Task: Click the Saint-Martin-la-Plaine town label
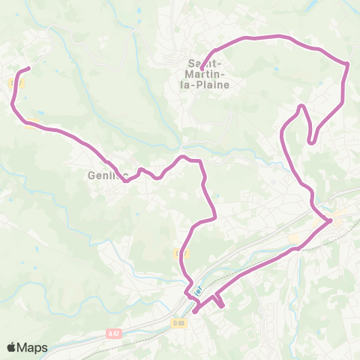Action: [206, 74]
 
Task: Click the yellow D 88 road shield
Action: [178, 323]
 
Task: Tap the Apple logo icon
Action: [12, 347]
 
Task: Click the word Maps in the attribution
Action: [34, 347]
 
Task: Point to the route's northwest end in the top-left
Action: [28, 69]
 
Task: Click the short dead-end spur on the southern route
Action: [222, 304]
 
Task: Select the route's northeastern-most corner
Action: [349, 64]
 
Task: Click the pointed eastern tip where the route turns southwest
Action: [331, 220]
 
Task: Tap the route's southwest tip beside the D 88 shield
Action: [193, 311]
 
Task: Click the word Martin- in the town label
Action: [206, 74]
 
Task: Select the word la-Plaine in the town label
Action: [211, 85]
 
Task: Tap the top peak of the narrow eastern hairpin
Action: [302, 106]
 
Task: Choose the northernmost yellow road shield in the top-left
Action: [22, 84]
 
